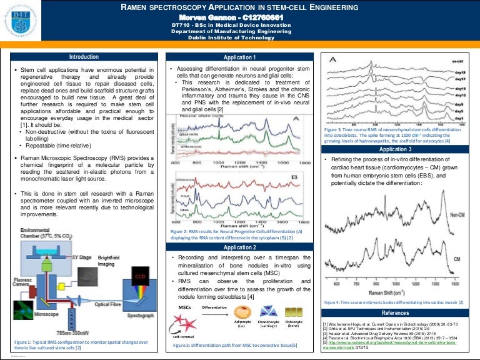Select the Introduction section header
point(83,56)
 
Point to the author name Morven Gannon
point(239,16)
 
